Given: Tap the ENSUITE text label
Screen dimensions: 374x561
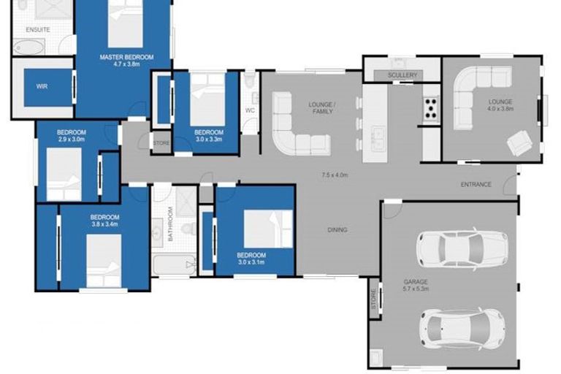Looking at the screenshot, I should pyautogui.click(x=38, y=30).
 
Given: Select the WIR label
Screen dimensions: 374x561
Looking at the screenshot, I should pyautogui.click(x=42, y=86).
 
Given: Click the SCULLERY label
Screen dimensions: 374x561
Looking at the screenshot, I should pyautogui.click(x=402, y=75).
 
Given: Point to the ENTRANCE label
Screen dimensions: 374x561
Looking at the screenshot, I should pyautogui.click(x=476, y=185).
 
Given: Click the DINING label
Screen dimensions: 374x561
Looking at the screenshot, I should pyautogui.click(x=337, y=230).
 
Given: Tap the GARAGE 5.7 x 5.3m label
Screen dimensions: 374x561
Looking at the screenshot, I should pyautogui.click(x=415, y=285).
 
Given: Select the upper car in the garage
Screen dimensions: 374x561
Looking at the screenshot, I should pyautogui.click(x=461, y=249).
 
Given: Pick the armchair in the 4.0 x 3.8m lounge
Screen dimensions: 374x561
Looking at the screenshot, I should pyautogui.click(x=521, y=142).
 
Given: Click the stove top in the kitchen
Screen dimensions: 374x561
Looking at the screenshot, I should pyautogui.click(x=430, y=110).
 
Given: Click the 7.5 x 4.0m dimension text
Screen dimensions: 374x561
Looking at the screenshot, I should pyautogui.click(x=334, y=175).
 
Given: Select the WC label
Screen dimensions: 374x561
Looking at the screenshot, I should pyautogui.click(x=249, y=111).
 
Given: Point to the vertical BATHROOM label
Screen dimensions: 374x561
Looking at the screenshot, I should pyautogui.click(x=169, y=224).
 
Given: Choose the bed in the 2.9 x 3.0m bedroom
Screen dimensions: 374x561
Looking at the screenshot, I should pyautogui.click(x=64, y=174).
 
